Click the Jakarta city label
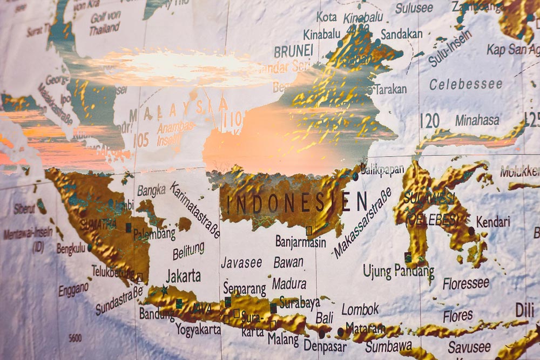(x=183, y=276)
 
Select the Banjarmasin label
(x=301, y=242)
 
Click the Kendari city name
(x=493, y=221)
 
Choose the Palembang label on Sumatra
(x=154, y=234)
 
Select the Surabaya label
(x=299, y=303)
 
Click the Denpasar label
(x=325, y=345)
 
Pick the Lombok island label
(x=360, y=309)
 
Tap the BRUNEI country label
(x=293, y=51)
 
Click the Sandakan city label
(x=402, y=34)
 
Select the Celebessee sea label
(x=465, y=84)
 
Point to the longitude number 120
(x=429, y=121)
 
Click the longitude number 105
(x=141, y=140)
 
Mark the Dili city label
(x=524, y=310)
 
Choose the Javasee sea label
(x=241, y=263)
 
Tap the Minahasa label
(x=477, y=120)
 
